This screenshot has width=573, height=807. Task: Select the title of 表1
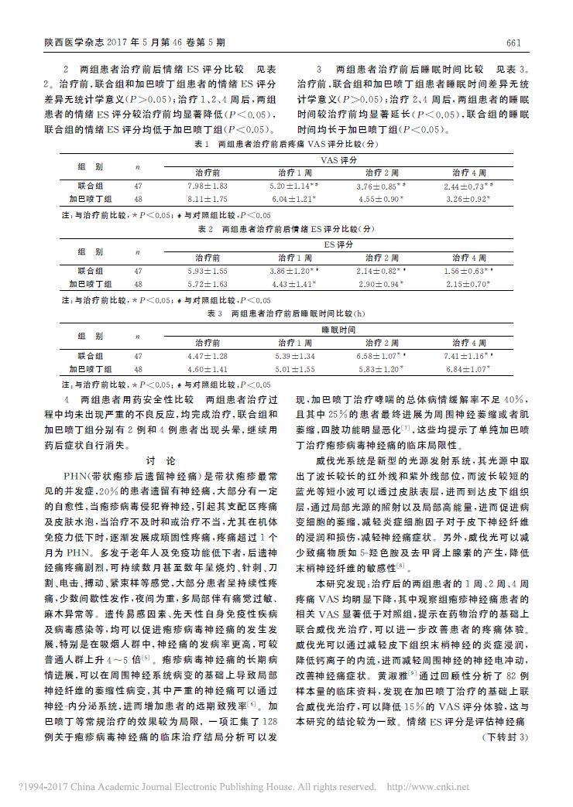tap(286, 145)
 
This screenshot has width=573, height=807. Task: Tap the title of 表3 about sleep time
tap(286, 313)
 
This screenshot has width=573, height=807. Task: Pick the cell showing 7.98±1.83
tap(208, 186)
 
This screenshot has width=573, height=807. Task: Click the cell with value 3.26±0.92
tap(469, 200)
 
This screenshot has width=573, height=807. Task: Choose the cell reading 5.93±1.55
tap(208, 271)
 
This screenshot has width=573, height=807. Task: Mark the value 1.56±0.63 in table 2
tap(469, 271)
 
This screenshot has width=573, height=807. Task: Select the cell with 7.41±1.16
tap(469, 356)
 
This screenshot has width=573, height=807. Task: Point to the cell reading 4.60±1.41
tap(208, 369)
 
